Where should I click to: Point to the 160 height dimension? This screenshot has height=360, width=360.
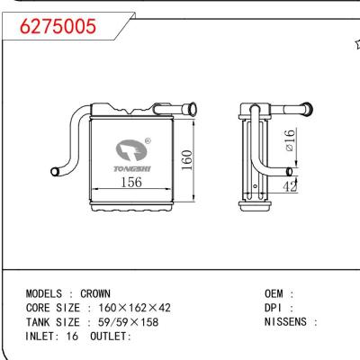pos(184,159)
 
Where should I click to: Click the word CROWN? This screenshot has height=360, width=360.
pos(95,293)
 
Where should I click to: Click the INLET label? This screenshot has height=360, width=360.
pos(43,337)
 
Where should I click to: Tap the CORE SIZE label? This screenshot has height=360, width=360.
pos(53,308)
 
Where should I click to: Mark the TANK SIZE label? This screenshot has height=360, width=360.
pos(53,322)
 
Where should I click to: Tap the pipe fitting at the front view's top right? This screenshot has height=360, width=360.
pos(191,110)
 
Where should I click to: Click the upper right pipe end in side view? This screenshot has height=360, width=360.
pos(311,109)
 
